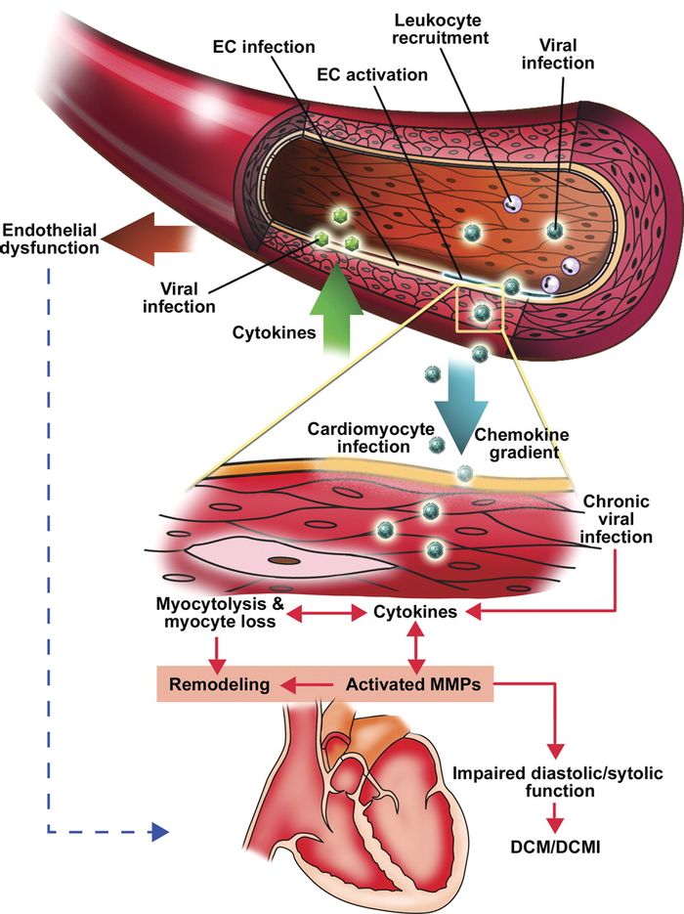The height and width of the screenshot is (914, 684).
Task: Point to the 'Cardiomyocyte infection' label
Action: (x=360, y=438)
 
